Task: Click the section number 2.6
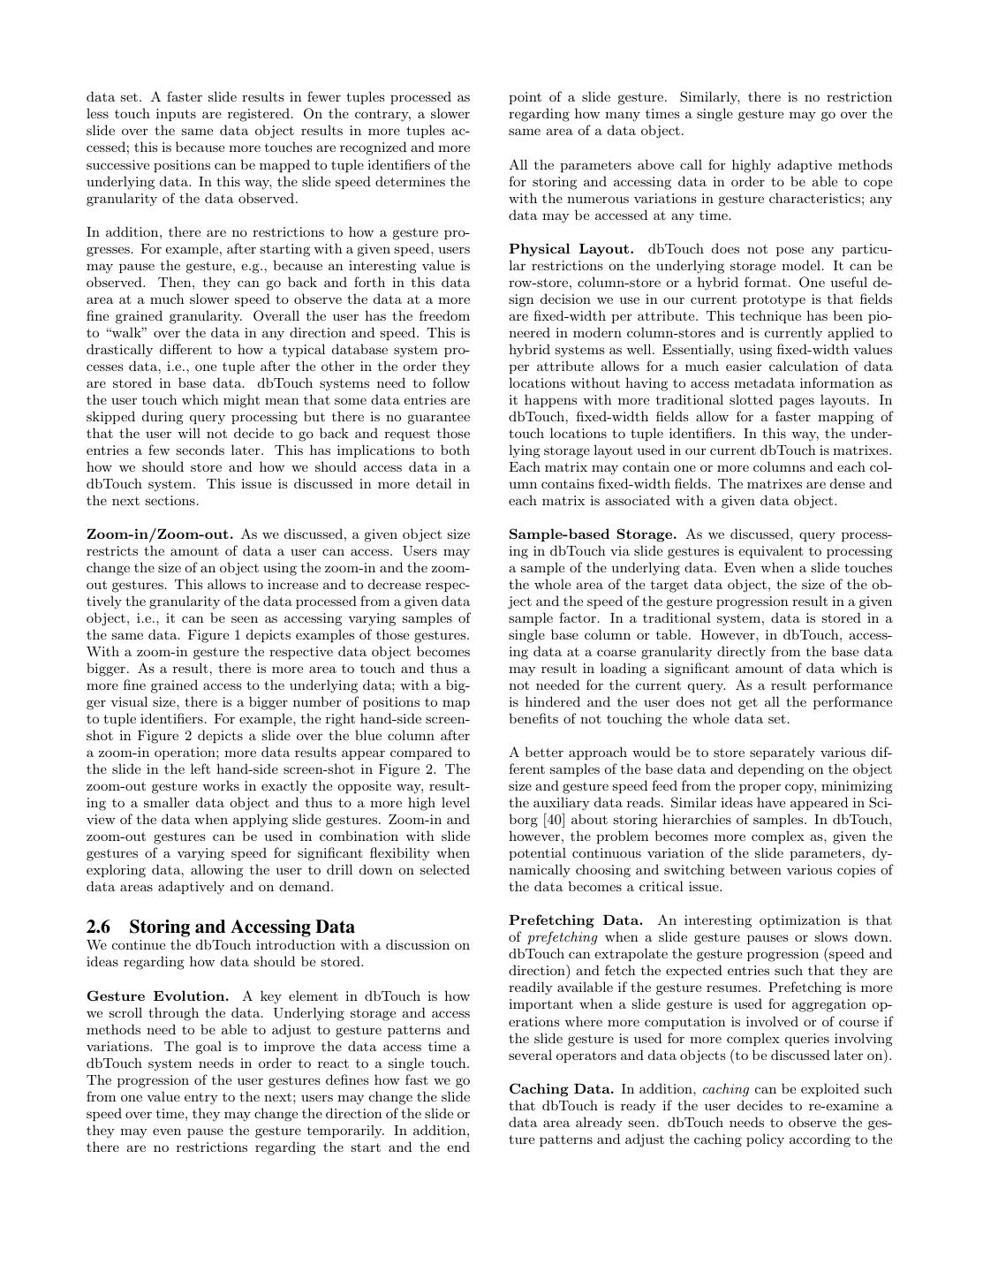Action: pyautogui.click(x=100, y=927)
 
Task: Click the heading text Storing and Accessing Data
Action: pyautogui.click(x=241, y=927)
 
